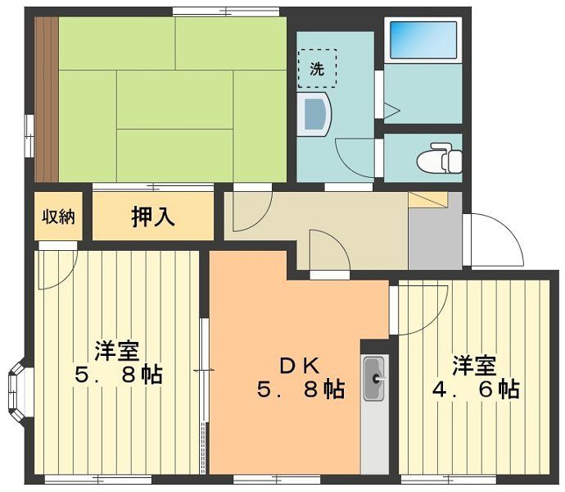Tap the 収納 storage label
point(59,216)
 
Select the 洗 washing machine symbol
point(317,69)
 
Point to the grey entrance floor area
point(435,239)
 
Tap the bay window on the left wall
point(18,385)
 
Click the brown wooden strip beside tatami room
point(45,98)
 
